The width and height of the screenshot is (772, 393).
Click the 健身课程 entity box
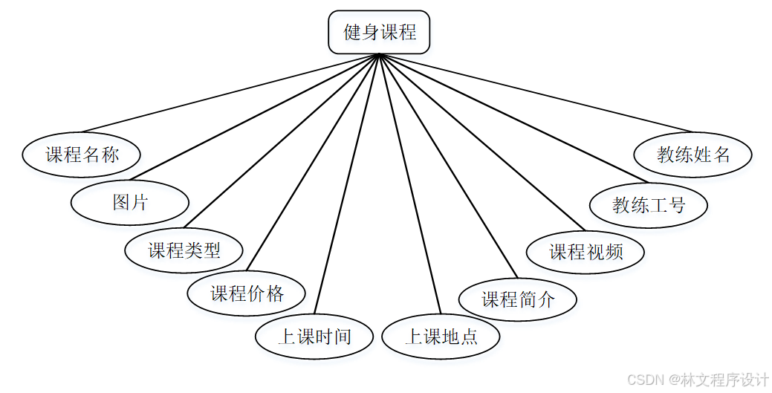click(x=379, y=33)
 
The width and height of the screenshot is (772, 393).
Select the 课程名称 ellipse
click(x=82, y=155)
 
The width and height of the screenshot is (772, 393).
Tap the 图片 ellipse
click(x=130, y=202)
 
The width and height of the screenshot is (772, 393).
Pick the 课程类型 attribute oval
click(x=184, y=250)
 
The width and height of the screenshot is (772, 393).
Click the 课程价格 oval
click(x=247, y=293)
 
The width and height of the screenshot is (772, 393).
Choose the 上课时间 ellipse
click(x=314, y=337)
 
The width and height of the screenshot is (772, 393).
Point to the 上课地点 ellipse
click(x=441, y=337)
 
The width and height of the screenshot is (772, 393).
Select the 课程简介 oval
click(x=518, y=299)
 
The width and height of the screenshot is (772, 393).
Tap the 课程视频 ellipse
click(x=586, y=251)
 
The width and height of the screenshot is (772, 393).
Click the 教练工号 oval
click(x=648, y=205)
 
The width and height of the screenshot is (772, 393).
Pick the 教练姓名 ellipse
click(x=693, y=155)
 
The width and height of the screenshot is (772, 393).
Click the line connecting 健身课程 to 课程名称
click(x=230, y=93)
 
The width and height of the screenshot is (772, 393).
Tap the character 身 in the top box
click(x=370, y=33)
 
